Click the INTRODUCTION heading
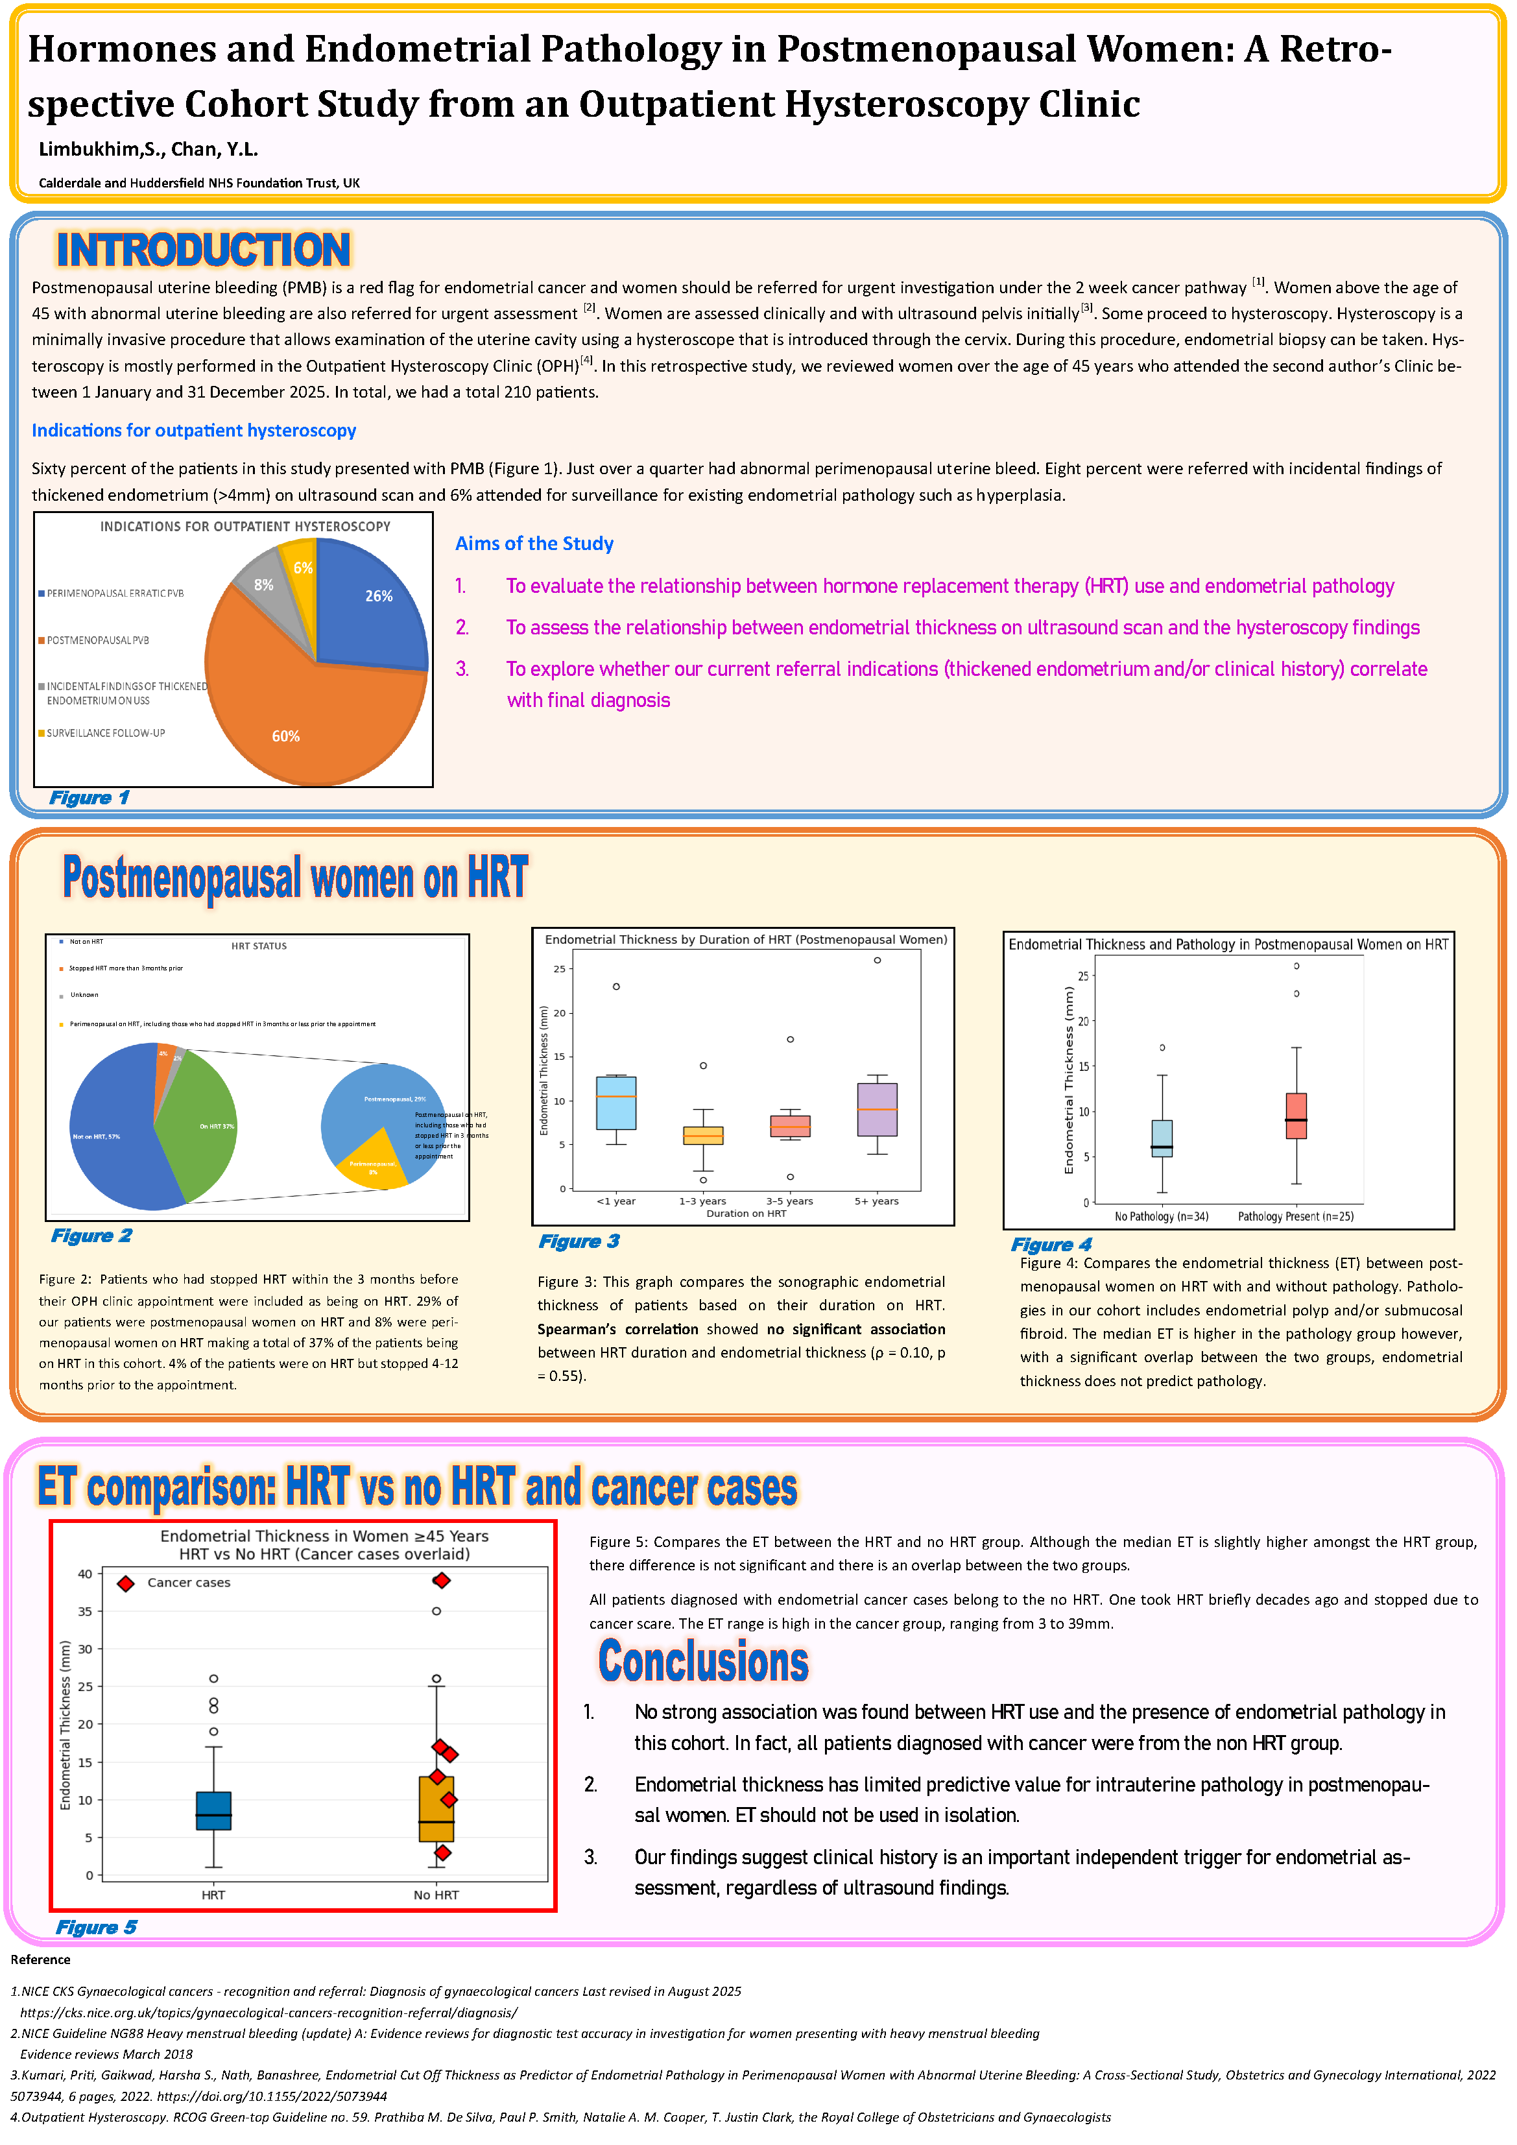203,250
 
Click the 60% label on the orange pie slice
286,736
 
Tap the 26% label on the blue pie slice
378,596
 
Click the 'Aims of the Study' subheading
534,544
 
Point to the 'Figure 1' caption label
89,798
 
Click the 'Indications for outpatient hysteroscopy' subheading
193,431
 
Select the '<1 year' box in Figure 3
615,1103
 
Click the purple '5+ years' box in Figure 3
876,1109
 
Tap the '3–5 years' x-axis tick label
789,1201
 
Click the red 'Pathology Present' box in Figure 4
1296,1116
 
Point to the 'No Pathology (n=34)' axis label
1161,1216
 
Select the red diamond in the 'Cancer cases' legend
125,1583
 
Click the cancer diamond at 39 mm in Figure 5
442,1581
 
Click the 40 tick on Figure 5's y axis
85,1574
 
